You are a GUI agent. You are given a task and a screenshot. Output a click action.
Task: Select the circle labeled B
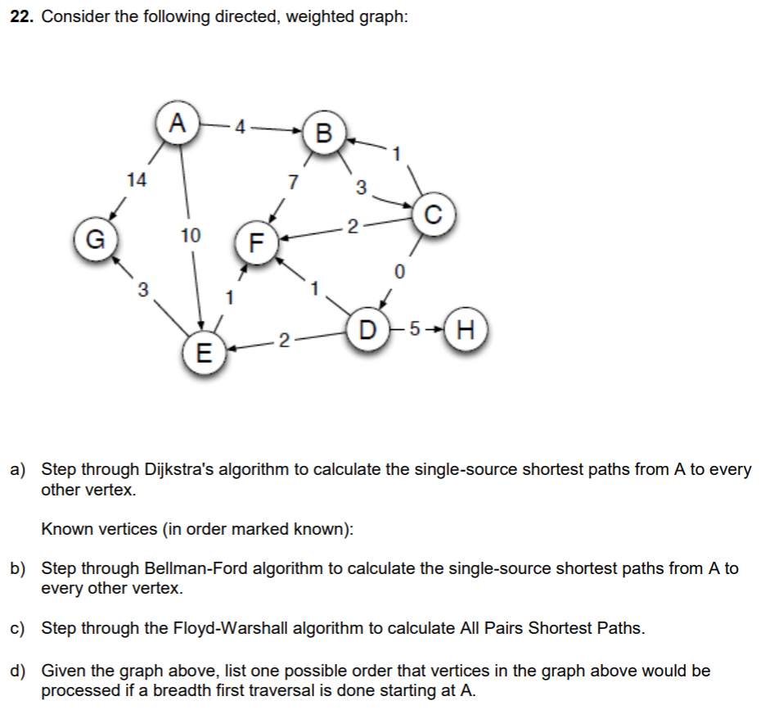pos(324,134)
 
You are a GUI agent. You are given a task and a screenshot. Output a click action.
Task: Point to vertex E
pos(203,354)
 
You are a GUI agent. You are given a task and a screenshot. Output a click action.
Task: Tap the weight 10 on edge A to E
pos(190,237)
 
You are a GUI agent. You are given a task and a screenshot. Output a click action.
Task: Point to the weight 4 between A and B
pos(239,127)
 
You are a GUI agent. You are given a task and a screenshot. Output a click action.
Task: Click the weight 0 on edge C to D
pos(399,270)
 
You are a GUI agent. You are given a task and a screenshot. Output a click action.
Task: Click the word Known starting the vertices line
pos(64,529)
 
